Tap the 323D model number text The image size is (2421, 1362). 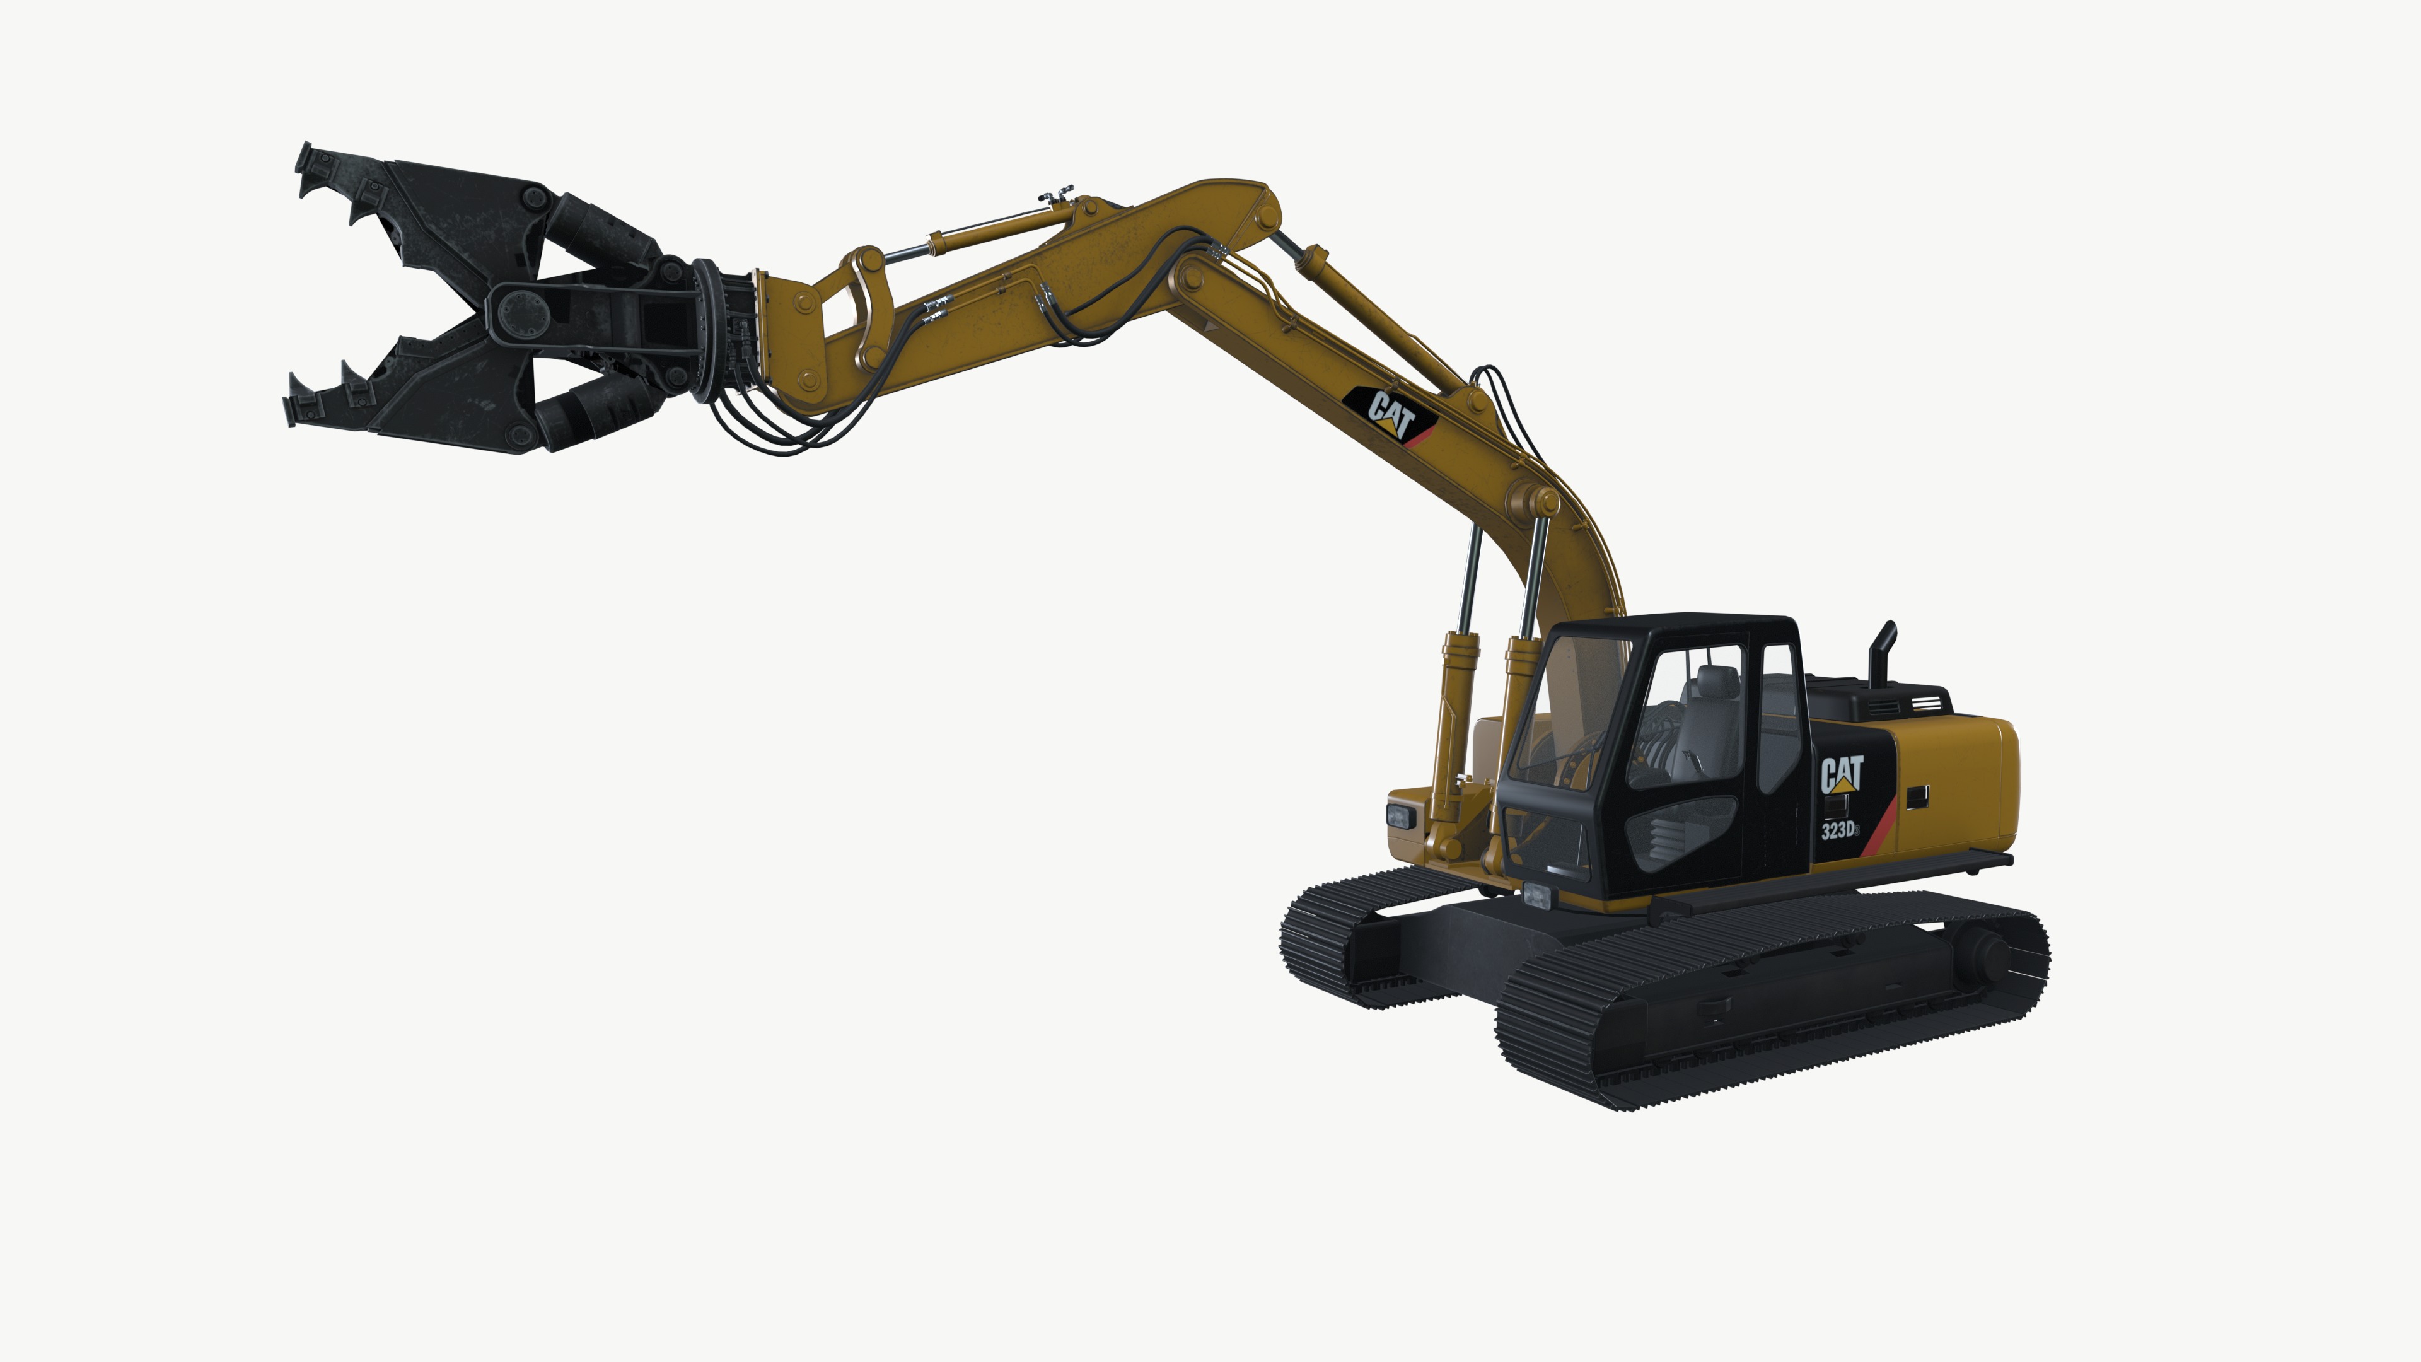pos(1838,830)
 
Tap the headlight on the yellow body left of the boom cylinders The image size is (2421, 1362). pos(1400,815)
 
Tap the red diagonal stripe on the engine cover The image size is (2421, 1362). pos(1879,827)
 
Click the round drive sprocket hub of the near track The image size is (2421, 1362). pos(1983,953)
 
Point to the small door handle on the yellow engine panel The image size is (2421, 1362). pos(1917,797)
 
